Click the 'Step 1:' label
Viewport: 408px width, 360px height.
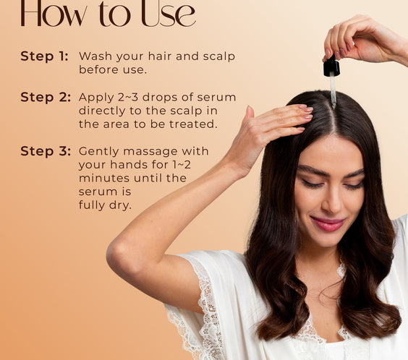tap(45, 56)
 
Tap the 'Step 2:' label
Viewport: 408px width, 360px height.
tap(46, 98)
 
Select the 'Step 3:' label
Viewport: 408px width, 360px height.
tap(46, 151)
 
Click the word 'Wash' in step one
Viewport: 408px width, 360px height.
tap(95, 56)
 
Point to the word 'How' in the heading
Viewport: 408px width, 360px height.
tap(54, 14)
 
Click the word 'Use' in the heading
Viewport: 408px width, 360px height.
tap(169, 14)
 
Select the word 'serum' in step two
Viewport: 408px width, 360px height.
tap(216, 98)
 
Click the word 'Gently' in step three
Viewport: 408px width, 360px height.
tap(99, 152)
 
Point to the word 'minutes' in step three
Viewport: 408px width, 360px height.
tap(104, 179)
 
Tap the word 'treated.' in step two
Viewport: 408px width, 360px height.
tap(193, 124)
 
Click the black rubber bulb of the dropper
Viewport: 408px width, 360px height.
tap(331, 67)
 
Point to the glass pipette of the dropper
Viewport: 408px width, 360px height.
tap(333, 90)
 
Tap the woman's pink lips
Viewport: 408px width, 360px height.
tap(328, 224)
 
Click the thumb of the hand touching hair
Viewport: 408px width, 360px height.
tap(250, 116)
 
